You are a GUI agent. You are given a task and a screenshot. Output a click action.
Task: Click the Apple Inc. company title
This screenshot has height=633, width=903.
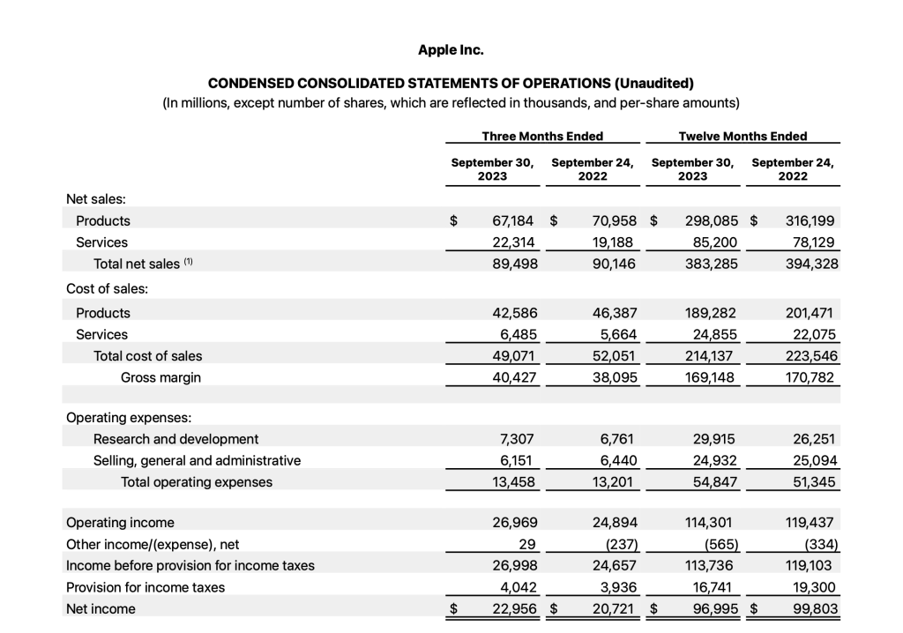pyautogui.click(x=451, y=49)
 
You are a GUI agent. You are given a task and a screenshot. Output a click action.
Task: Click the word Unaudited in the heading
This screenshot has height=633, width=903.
pyautogui.click(x=654, y=84)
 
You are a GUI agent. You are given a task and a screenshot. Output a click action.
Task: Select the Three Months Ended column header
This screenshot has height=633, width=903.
pyautogui.click(x=542, y=136)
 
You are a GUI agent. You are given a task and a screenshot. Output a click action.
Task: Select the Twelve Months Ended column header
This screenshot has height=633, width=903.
pyautogui.click(x=743, y=136)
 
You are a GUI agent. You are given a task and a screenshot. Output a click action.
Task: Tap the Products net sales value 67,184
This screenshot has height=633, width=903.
pyautogui.click(x=513, y=221)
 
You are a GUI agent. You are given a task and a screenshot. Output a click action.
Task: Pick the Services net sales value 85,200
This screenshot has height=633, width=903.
pyautogui.click(x=715, y=242)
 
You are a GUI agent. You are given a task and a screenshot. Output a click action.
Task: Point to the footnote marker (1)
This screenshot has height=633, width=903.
pyautogui.click(x=189, y=263)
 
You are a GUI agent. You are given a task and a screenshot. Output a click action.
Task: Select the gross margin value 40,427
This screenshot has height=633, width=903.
pyautogui.click(x=513, y=377)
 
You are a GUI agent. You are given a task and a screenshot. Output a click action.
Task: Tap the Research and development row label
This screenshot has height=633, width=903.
pyautogui.click(x=175, y=439)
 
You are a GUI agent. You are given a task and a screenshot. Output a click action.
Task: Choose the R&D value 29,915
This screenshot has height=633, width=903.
pyautogui.click(x=715, y=439)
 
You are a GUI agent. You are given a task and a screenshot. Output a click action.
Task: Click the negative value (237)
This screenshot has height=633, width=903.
pyautogui.click(x=616, y=543)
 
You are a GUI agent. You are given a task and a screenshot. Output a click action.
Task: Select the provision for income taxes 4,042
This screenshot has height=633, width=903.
pyautogui.click(x=517, y=587)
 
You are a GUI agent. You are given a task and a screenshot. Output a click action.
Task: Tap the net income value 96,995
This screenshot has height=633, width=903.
pyautogui.click(x=715, y=608)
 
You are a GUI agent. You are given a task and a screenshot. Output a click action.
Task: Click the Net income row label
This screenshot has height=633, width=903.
pyautogui.click(x=101, y=608)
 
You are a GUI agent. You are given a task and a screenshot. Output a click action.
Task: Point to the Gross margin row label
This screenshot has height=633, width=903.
pyautogui.click(x=160, y=377)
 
